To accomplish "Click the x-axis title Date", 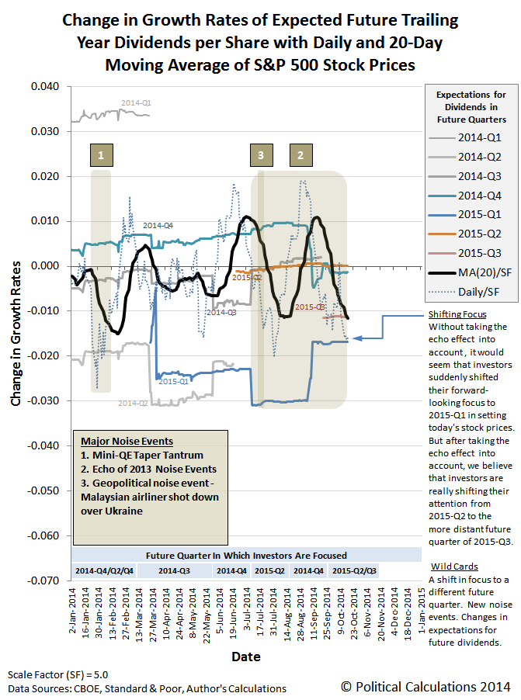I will tap(245, 657).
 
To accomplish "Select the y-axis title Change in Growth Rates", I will tap(16, 333).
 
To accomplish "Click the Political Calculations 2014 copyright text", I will tap(425, 686).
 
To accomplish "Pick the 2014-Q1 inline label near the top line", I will tap(137, 102).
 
